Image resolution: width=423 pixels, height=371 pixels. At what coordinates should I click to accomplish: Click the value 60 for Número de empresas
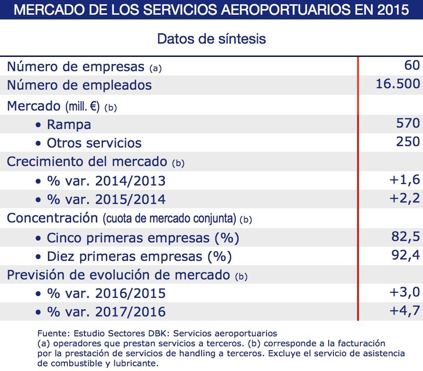[412, 65]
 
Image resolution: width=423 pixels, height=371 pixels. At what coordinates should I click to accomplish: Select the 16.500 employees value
[397, 84]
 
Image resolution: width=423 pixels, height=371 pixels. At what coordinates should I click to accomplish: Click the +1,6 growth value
[404, 179]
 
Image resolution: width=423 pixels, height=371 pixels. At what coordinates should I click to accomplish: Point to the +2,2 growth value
[404, 198]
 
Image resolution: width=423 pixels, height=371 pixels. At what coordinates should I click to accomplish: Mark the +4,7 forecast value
[404, 311]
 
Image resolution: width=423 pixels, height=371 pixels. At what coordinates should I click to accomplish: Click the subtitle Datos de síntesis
[211, 38]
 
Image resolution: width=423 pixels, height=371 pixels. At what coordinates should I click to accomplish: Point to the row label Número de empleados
[79, 85]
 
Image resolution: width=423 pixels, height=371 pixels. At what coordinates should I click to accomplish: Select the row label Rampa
[69, 124]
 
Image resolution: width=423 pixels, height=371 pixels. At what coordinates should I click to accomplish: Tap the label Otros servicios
[94, 143]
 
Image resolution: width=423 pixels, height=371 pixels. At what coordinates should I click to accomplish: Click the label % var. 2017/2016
[106, 312]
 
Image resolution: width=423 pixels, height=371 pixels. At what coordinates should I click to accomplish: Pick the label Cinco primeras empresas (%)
[143, 238]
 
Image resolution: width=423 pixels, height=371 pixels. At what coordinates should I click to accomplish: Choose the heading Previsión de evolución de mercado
[118, 274]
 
